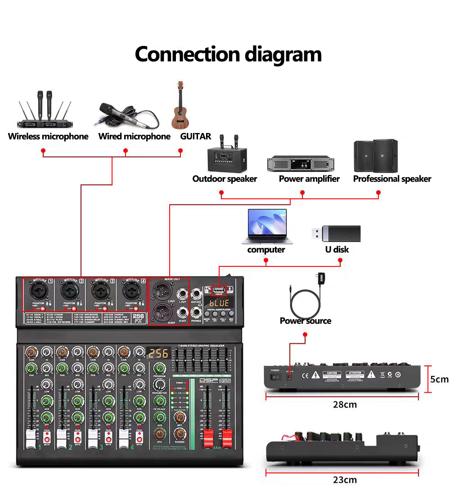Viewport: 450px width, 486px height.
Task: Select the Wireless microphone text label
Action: [48, 136]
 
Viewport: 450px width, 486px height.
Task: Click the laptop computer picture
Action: [267, 227]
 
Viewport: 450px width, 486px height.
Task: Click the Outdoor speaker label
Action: [225, 179]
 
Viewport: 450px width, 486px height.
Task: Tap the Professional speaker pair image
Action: [376, 156]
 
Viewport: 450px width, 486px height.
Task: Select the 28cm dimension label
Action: [345, 404]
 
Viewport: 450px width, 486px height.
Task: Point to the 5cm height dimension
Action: [439, 379]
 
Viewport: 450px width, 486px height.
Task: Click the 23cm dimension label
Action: [345, 480]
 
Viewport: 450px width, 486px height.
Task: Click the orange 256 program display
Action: [159, 352]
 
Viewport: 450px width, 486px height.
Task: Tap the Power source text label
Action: [305, 321]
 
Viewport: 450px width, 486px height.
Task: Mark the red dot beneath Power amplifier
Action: [302, 193]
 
